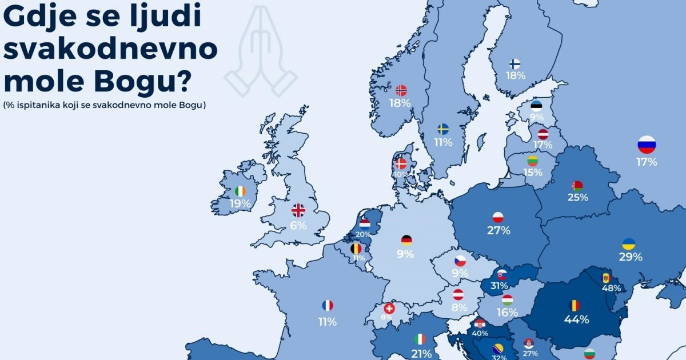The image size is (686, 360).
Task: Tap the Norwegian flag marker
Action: pos(401,90)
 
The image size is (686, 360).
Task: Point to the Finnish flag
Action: pos(514,63)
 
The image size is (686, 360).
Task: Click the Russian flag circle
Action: pos(647,145)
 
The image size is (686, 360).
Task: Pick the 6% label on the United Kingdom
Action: pos(298,225)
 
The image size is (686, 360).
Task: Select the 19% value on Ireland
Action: pos(240,203)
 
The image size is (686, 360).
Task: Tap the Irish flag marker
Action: pos(241,191)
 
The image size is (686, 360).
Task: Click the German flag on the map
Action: pos(406,241)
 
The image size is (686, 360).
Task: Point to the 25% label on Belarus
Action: pos(577,198)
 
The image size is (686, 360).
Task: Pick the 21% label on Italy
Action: pos(420,354)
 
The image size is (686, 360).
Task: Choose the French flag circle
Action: pos(328,306)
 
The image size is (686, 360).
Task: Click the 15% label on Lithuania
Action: pos(533,172)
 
